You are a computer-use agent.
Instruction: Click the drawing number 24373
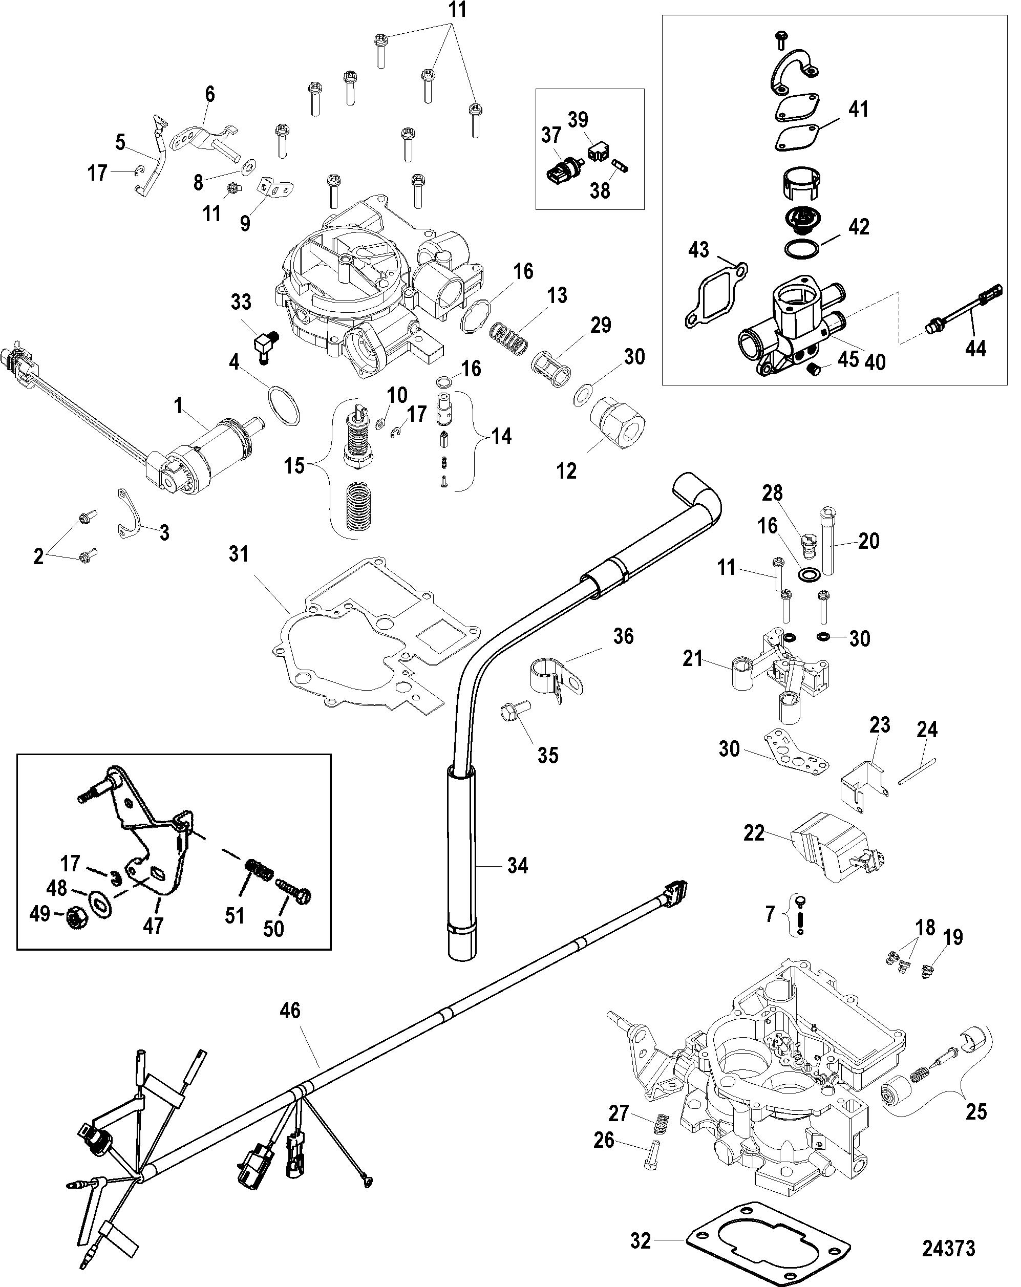948,1247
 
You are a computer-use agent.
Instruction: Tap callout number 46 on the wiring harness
290,1011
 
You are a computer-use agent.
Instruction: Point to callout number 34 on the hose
517,865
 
